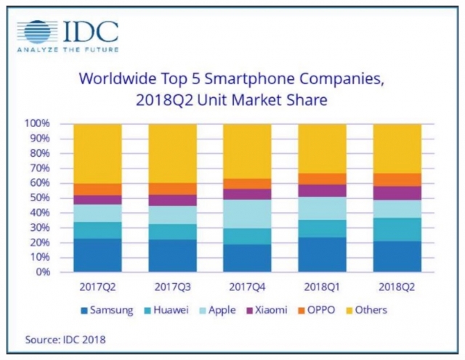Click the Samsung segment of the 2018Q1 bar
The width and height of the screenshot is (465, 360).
(x=321, y=255)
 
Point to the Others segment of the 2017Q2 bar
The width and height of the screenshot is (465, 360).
(x=97, y=153)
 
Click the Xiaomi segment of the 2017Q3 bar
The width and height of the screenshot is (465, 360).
(x=171, y=200)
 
